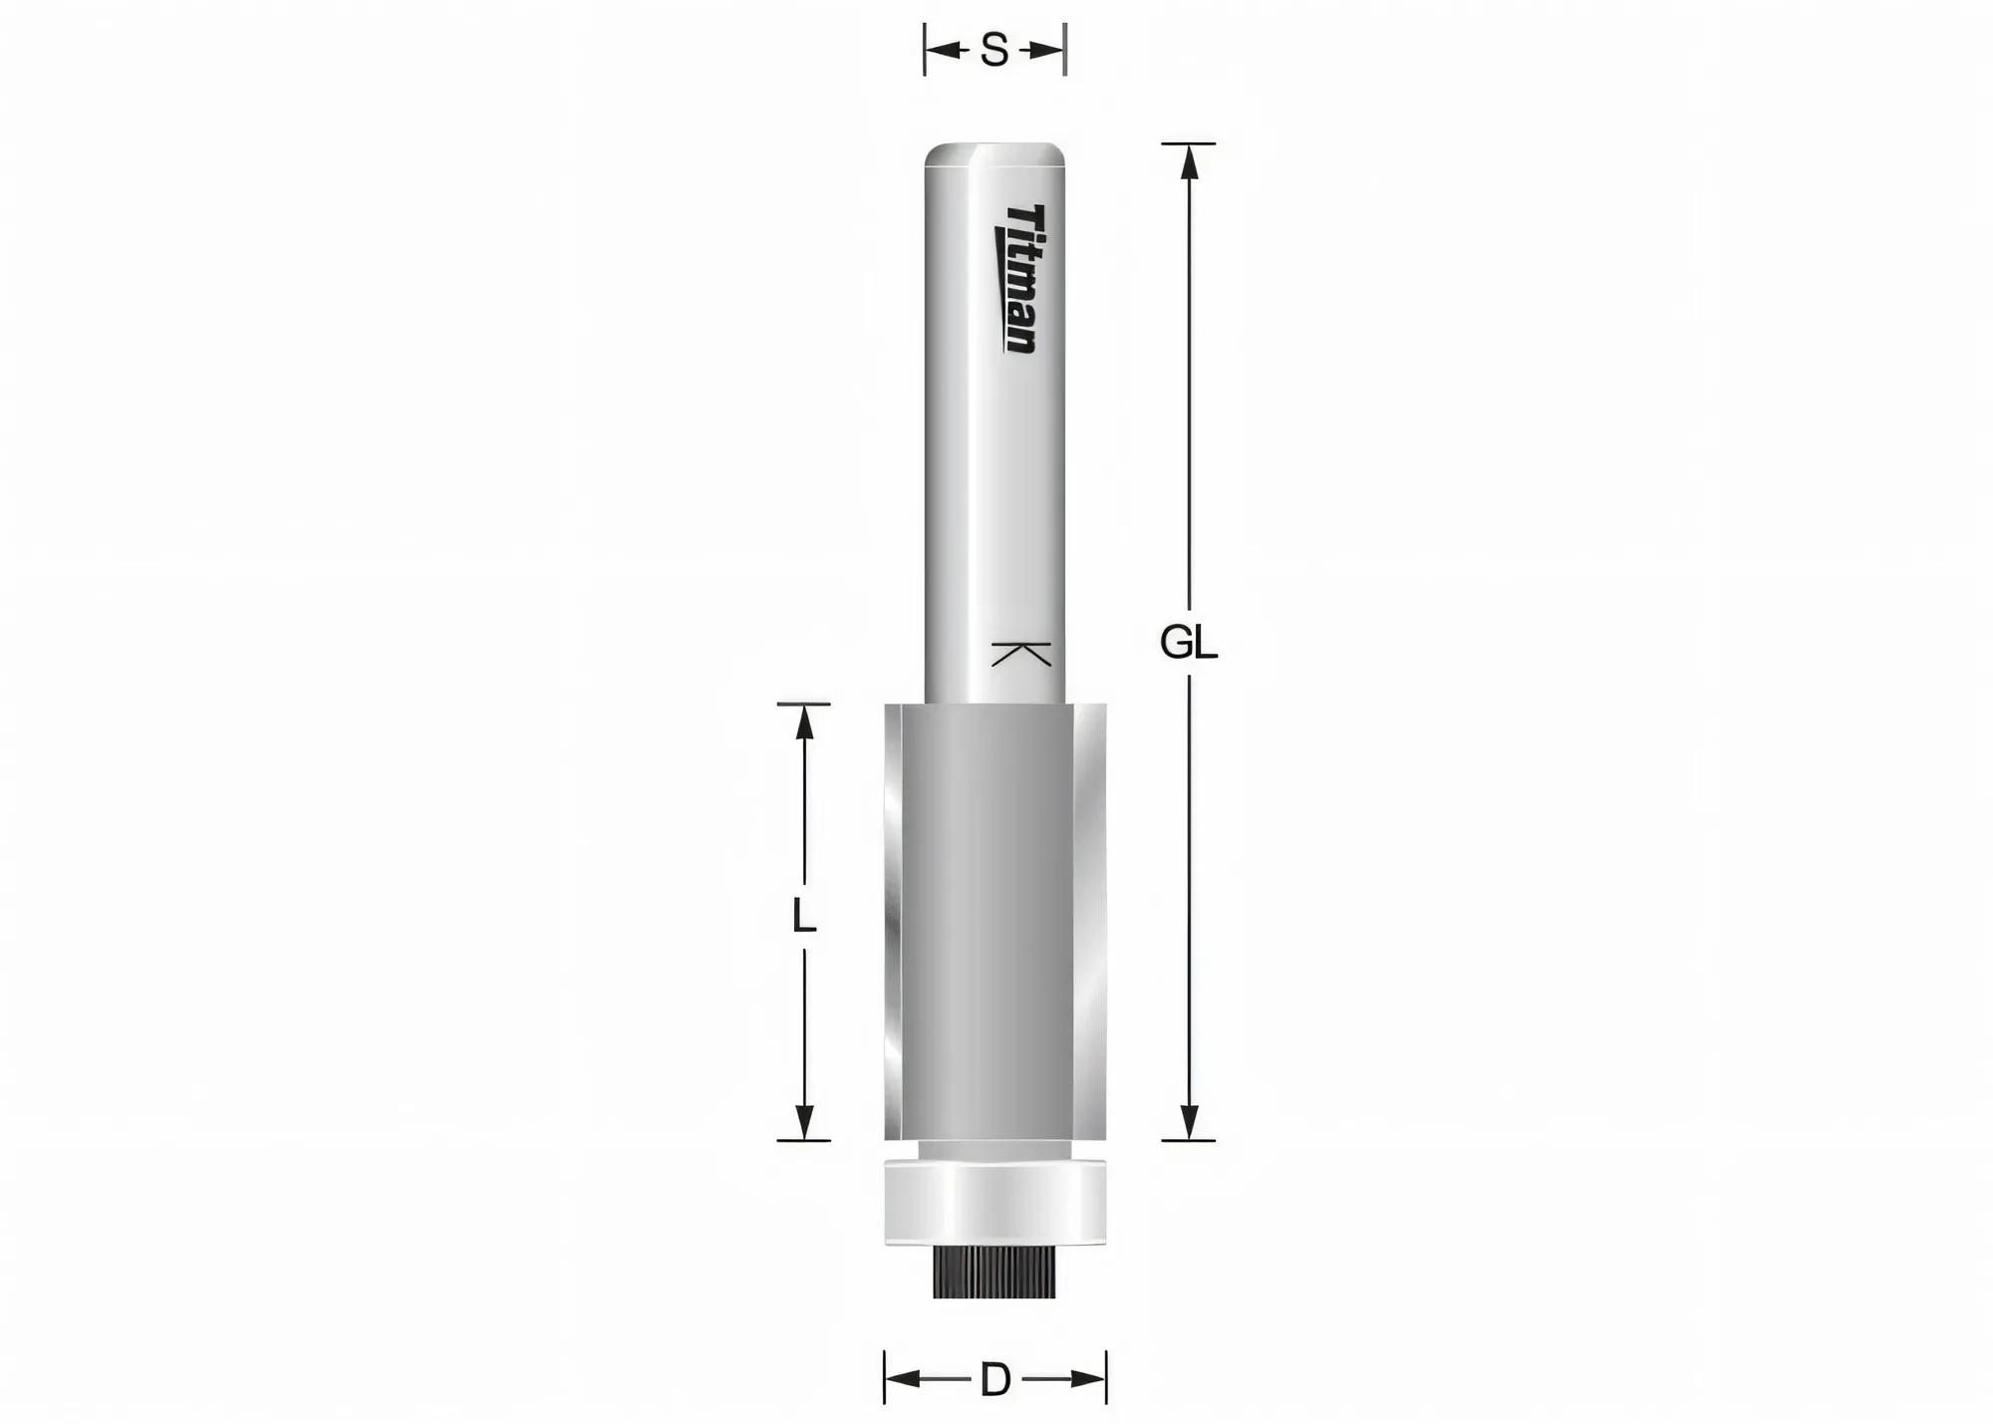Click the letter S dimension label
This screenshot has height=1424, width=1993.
(x=995, y=50)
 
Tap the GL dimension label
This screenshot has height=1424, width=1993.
(x=1189, y=644)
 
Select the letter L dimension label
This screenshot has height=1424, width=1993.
(x=803, y=916)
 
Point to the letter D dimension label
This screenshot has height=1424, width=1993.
(x=996, y=1380)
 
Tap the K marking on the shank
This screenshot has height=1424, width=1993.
(x=1022, y=654)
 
